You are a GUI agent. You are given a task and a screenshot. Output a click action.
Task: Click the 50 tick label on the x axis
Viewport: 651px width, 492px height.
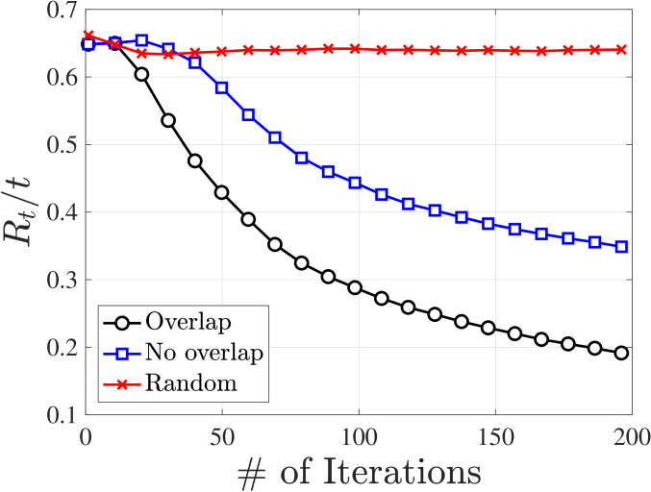pos(222,434)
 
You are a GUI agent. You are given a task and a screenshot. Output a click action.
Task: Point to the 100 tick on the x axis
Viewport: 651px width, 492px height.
pos(358,434)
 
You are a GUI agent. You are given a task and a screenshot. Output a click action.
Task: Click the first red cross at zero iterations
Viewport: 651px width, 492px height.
pos(88,36)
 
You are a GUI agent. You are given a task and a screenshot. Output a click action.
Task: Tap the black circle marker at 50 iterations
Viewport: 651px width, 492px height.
pos(221,192)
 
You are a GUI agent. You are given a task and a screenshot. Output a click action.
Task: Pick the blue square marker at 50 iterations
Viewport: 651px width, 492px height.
pos(221,87)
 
